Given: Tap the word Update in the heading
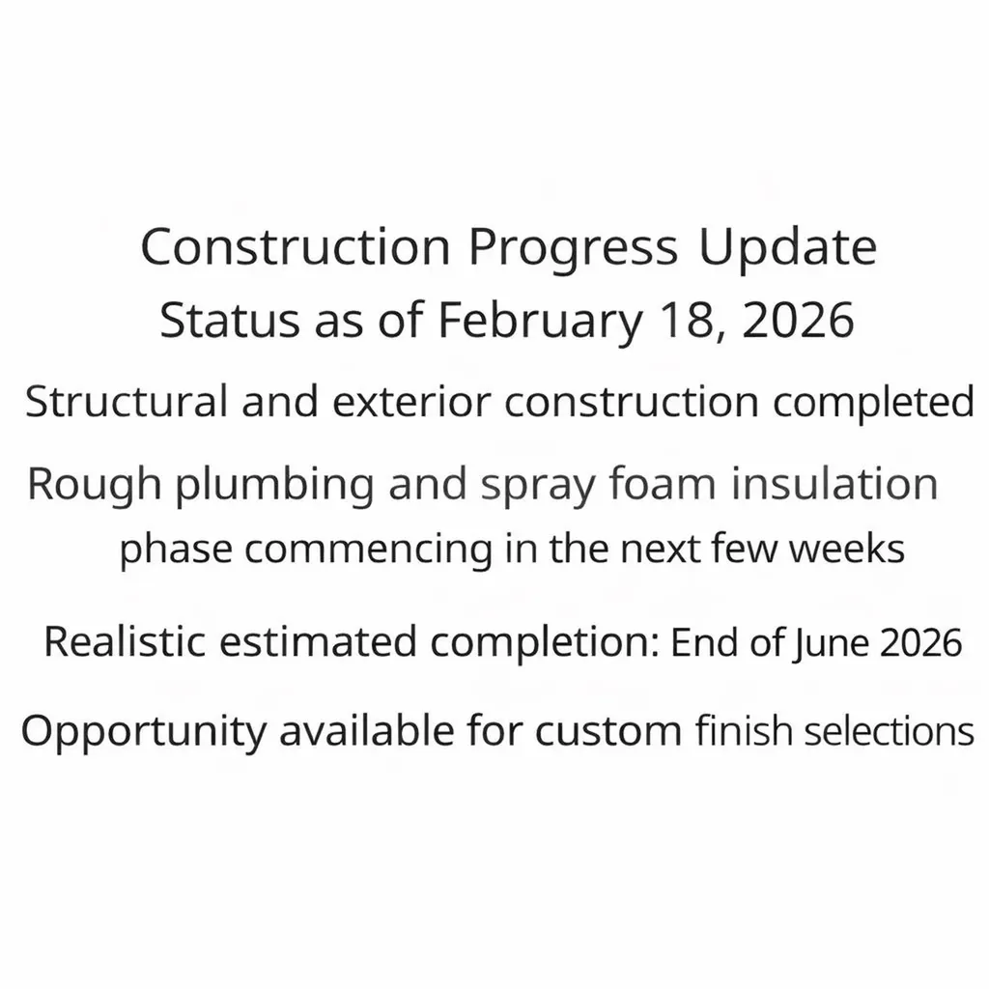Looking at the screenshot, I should (787, 247).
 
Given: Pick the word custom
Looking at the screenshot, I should (608, 732).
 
